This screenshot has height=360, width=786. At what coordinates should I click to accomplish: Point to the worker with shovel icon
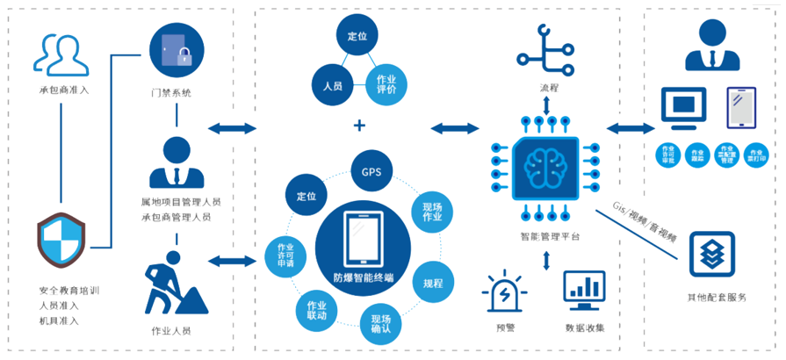coord(174,284)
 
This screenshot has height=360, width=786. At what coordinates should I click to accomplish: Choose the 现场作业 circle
coord(433,210)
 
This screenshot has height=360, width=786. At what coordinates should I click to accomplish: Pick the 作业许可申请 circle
coord(285,255)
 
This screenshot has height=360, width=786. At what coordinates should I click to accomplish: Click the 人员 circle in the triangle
coord(333,85)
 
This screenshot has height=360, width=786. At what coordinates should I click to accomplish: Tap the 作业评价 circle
coord(386,85)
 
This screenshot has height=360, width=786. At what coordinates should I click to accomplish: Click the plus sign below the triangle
coord(358,126)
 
